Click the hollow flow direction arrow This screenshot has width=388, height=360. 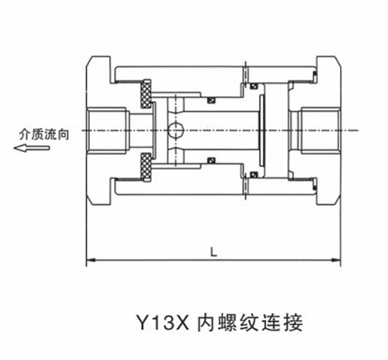[x=31, y=148]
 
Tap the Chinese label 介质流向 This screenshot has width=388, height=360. [x=44, y=134]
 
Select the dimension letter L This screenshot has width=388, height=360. [x=213, y=251]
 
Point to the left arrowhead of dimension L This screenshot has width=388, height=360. [x=91, y=260]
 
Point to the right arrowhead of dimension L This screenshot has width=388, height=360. [x=336, y=260]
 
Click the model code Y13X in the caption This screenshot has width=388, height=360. [x=163, y=323]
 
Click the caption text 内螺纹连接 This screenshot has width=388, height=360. [x=250, y=323]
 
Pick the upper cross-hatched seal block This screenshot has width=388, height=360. [x=146, y=94]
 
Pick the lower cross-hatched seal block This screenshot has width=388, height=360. [x=146, y=167]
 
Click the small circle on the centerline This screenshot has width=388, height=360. [x=175, y=130]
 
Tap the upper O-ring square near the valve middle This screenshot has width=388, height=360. [x=212, y=100]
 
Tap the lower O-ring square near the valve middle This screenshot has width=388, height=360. [x=212, y=161]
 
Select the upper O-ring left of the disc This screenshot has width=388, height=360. [x=253, y=85]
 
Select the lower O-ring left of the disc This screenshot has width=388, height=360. [x=253, y=175]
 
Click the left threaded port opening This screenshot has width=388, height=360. [x=106, y=130]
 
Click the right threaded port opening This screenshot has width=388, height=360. [x=320, y=130]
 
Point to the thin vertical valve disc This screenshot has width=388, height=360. [x=262, y=130]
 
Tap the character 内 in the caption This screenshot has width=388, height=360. [x=206, y=323]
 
